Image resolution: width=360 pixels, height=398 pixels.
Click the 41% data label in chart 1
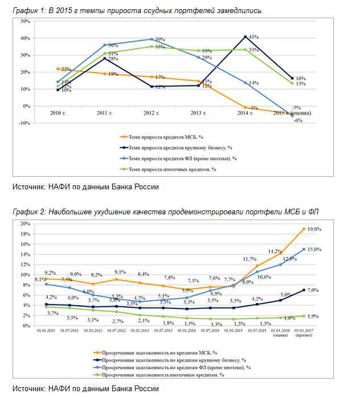point(254,36)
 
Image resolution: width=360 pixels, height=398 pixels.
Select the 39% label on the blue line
point(160,39)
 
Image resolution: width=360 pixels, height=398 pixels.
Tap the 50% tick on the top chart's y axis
point(25,21)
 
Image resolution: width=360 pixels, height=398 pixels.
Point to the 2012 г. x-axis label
point(150,114)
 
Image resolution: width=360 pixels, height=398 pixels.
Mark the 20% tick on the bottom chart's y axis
point(25,224)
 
